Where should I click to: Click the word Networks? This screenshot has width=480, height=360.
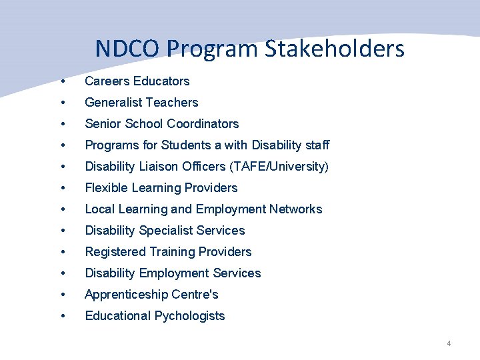pos(295,209)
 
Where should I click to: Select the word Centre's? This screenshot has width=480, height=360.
pos(196,295)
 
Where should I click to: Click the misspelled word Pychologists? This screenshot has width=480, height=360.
pos(190,316)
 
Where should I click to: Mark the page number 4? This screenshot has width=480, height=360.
pos(449,343)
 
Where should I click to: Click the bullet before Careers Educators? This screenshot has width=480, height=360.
pos(62,81)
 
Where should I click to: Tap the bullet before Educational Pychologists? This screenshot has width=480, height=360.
pos(62,316)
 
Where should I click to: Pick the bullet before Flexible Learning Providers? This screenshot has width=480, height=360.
pos(62,188)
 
